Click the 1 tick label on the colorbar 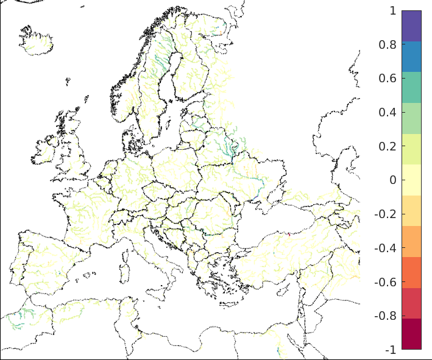[x=392, y=10]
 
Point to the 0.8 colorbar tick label [x=389, y=44]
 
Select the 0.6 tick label [x=389, y=78]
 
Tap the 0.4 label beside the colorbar [x=389, y=112]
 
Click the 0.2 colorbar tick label [x=389, y=146]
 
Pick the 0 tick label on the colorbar [x=392, y=180]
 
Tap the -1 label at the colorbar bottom [x=391, y=350]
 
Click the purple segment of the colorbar [x=411, y=26]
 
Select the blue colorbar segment [x=411, y=57]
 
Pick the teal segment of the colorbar [x=411, y=87]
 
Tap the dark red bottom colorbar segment [x=411, y=334]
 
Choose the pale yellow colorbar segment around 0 [x=411, y=180]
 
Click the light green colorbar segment [x=411, y=118]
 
